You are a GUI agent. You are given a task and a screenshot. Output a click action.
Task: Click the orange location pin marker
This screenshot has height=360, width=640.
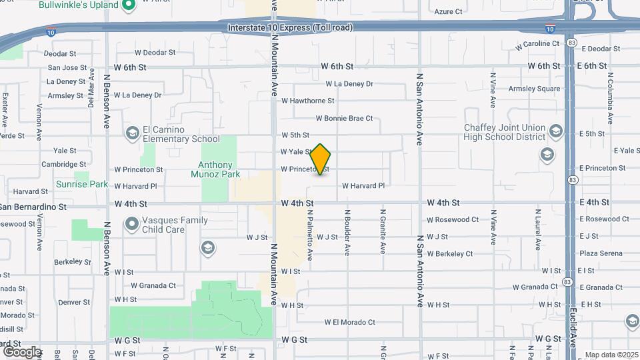(321, 159)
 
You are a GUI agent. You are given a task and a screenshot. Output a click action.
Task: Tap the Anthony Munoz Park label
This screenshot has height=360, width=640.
(215, 169)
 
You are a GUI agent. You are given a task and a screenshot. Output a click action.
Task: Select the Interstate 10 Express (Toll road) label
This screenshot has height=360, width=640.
(290, 28)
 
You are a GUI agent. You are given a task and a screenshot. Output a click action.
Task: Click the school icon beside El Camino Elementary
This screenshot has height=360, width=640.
(132, 133)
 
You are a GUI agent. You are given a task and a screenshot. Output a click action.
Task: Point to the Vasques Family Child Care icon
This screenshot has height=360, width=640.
(132, 224)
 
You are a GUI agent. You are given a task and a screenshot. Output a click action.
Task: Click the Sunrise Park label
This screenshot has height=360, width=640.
(81, 184)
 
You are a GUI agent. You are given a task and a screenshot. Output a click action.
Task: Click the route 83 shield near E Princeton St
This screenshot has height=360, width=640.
(573, 180)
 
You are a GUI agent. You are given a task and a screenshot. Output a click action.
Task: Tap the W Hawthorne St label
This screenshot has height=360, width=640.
(307, 101)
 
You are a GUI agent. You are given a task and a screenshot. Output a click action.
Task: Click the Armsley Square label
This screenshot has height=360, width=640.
(535, 89)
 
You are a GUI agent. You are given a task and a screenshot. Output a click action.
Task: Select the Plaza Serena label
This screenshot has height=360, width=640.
(601, 253)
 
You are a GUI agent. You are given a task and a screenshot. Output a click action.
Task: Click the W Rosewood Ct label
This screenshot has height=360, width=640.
(453, 219)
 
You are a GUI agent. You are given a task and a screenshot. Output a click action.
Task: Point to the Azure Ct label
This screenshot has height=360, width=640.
(448, 11)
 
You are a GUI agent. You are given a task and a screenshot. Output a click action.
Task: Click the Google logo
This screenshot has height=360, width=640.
(21, 351)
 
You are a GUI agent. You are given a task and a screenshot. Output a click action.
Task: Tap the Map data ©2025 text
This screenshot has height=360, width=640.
(611, 355)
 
